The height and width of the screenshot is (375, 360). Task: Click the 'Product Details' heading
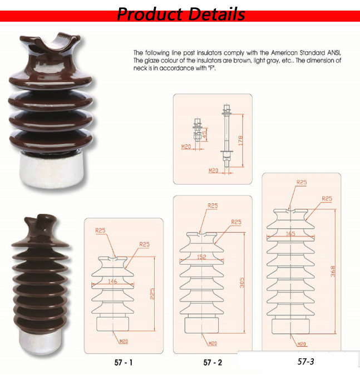click(x=181, y=14)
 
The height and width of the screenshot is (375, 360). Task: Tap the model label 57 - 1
click(x=124, y=362)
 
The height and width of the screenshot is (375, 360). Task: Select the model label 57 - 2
click(x=213, y=362)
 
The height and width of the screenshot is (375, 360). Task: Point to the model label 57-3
click(x=305, y=361)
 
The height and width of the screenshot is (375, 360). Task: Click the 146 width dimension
click(x=112, y=282)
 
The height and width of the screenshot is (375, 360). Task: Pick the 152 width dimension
click(x=201, y=257)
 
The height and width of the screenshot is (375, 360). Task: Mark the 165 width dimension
click(x=290, y=234)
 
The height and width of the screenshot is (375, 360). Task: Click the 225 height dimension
click(x=152, y=293)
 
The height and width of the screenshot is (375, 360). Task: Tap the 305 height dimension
click(x=242, y=283)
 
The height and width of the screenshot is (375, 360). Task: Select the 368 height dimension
click(x=333, y=271)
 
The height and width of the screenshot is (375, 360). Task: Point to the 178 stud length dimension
click(x=240, y=140)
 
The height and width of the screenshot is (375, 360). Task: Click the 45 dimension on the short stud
click(x=205, y=135)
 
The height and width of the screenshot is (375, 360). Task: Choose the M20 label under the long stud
click(x=213, y=170)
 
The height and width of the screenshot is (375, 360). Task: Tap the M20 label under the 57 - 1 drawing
click(x=124, y=341)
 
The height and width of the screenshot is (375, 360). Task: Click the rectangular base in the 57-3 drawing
click(x=290, y=326)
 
